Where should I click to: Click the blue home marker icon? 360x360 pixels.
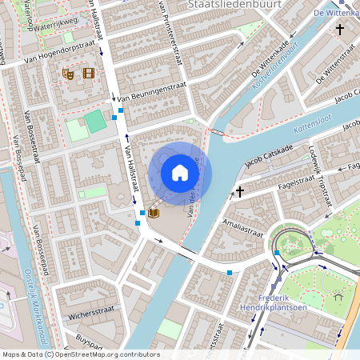[x=180, y=172]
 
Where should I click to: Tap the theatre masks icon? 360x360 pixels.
[x=70, y=74]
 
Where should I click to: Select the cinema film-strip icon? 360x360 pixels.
[x=88, y=74]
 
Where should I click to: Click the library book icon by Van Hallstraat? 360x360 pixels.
[x=153, y=213]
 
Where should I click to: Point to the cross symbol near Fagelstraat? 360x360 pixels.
[x=239, y=192]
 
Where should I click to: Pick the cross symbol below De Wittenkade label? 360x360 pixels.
[x=339, y=30]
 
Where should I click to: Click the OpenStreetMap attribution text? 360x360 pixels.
[x=81, y=354]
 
